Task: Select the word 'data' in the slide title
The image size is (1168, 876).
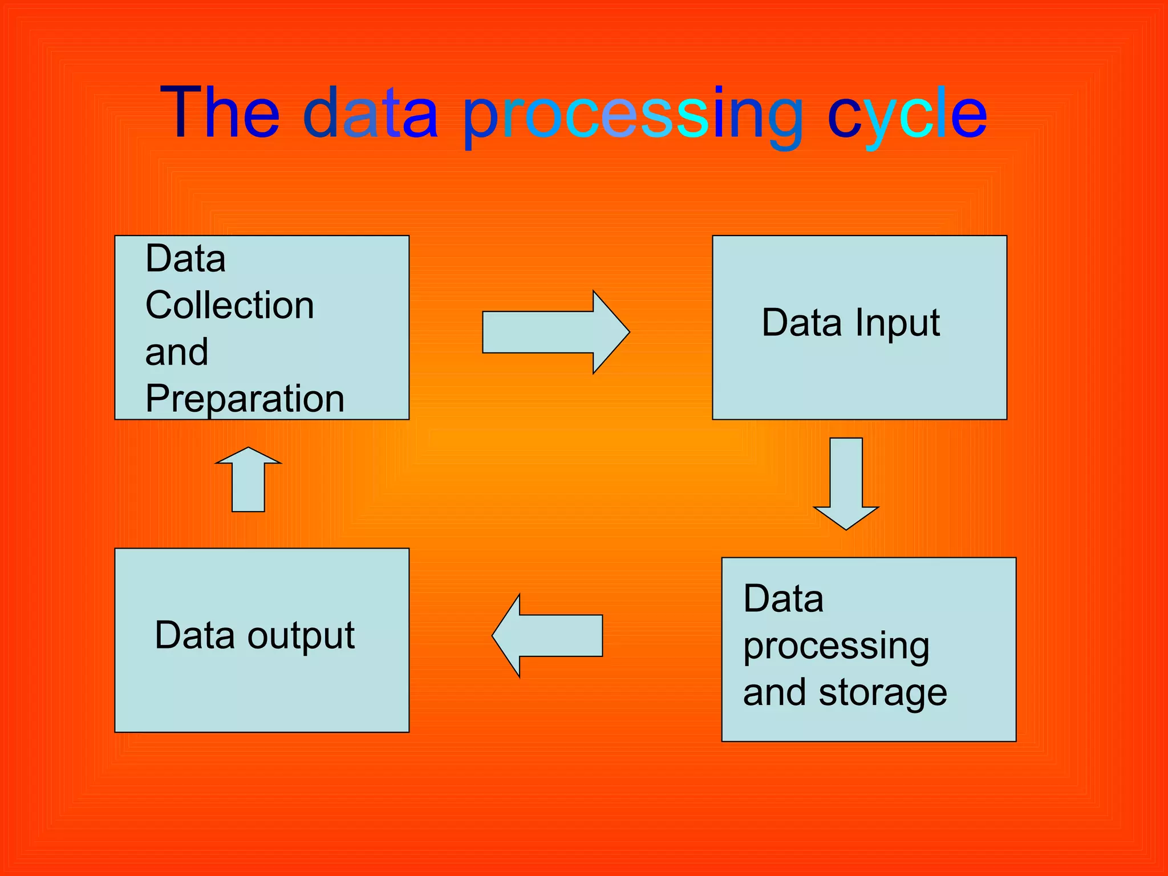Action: (371, 112)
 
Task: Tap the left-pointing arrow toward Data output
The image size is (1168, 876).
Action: (548, 635)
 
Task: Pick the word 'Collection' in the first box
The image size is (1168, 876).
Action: (230, 305)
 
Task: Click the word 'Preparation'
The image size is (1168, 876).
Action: (245, 399)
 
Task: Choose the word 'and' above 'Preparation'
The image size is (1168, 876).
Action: (177, 352)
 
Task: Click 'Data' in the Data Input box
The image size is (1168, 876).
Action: (802, 323)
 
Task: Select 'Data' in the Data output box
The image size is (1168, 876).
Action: (194, 635)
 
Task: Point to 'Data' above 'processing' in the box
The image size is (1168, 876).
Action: (784, 599)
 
